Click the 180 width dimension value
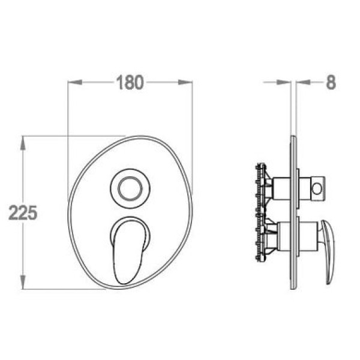(130, 82)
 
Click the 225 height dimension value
(23, 212)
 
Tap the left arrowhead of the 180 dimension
(75, 82)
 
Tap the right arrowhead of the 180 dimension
(185, 82)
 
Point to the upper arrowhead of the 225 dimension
(23, 143)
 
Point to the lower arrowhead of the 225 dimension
(23, 282)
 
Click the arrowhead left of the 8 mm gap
(284, 82)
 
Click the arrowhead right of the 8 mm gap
(303, 82)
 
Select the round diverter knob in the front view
(130, 189)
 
